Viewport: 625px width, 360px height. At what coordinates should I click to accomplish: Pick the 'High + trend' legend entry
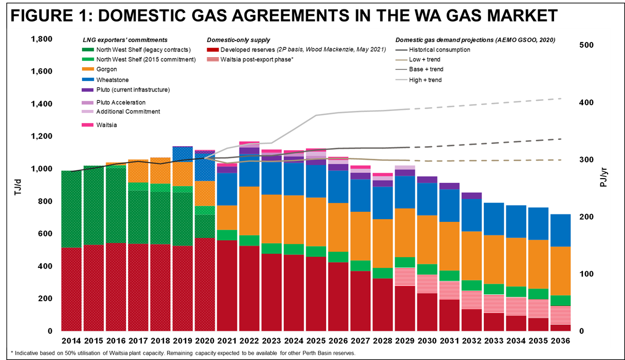425,80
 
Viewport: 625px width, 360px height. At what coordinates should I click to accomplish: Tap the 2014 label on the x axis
71,341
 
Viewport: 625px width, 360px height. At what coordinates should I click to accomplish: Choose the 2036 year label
560,341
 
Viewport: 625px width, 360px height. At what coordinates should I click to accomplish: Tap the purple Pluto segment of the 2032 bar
472,196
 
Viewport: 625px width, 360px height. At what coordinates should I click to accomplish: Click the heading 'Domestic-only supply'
238,40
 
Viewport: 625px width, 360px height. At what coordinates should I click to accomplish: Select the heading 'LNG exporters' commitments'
125,40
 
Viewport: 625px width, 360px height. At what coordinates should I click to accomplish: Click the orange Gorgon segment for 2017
138,171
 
